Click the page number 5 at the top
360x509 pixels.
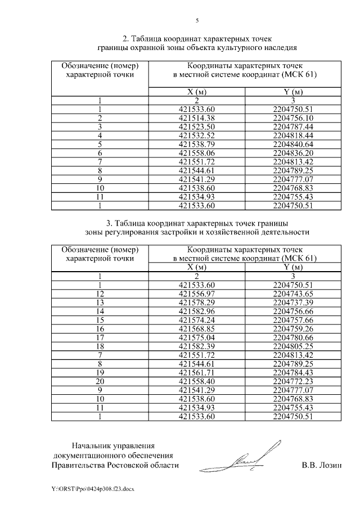[x=197, y=21]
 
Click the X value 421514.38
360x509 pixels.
[x=197, y=118]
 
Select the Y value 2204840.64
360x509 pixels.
[x=292, y=144]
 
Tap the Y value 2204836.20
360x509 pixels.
[x=292, y=152]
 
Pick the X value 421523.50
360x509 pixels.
[x=197, y=127]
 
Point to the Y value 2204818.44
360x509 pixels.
[x=292, y=135]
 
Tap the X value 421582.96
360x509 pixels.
[x=197, y=311]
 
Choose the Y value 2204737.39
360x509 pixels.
[x=292, y=302]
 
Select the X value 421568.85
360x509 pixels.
[x=197, y=328]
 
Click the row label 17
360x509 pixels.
[x=100, y=337]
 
